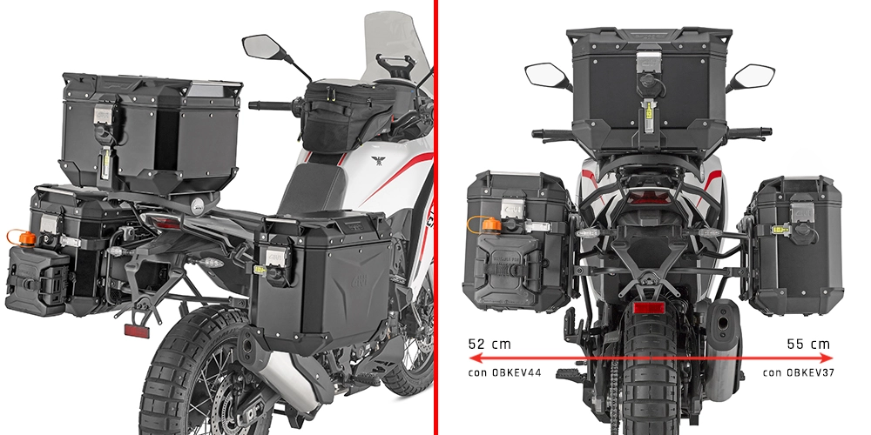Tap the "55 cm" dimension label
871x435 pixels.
807,345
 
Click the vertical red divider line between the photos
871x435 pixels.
436,217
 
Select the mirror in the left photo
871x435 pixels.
260,45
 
